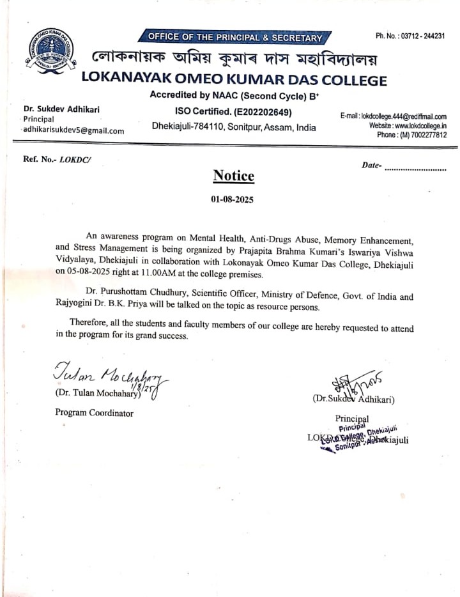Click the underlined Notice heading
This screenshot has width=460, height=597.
pyautogui.click(x=233, y=176)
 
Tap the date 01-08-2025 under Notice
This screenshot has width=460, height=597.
pyautogui.click(x=233, y=199)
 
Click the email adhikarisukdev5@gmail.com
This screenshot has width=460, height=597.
pyautogui.click(x=73, y=130)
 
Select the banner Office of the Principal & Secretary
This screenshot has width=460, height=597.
pyautogui.click(x=236, y=38)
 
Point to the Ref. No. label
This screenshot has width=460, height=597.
pyautogui.click(x=40, y=160)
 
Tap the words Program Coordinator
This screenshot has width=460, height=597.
pyautogui.click(x=95, y=413)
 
